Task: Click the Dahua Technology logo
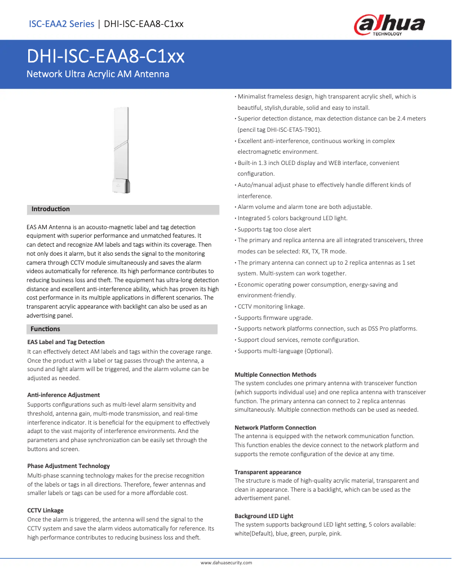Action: pyautogui.click(x=389, y=25)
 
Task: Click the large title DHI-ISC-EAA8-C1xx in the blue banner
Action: pyautogui.click(x=106, y=57)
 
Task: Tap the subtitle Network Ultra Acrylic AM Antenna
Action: pyautogui.click(x=98, y=74)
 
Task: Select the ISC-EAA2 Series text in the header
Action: pyautogui.click(x=61, y=24)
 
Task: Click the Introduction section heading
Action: pyautogui.click(x=51, y=209)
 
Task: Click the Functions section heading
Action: pyautogui.click(x=46, y=329)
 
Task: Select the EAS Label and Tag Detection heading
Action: pyautogui.click(x=66, y=342)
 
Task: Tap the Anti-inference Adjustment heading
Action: pyautogui.click(x=64, y=395)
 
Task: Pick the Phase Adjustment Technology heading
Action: pyautogui.click(x=69, y=466)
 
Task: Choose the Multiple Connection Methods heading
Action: pyautogui.click(x=276, y=375)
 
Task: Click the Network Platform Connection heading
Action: pyautogui.click(x=275, y=428)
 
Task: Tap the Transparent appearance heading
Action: pyautogui.click(x=268, y=472)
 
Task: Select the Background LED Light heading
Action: pyautogui.click(x=264, y=516)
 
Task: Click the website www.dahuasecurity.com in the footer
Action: pyautogui.click(x=226, y=563)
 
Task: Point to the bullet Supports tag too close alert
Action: pyautogui.click(x=274, y=229)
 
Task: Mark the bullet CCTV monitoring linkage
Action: pyautogui.click(x=271, y=307)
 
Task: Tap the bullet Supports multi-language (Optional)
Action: pyautogui.click(x=285, y=351)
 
